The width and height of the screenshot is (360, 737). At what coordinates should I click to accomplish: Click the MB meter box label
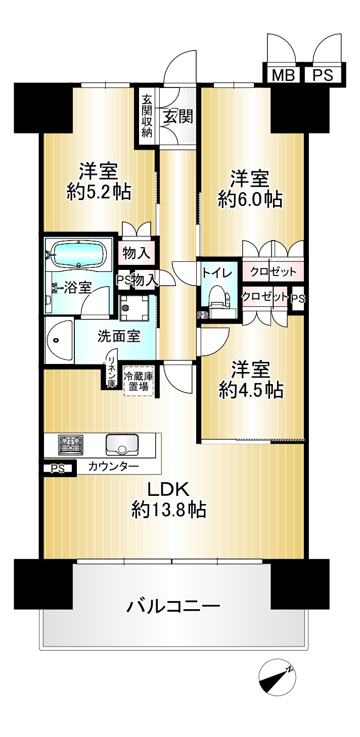(x=283, y=76)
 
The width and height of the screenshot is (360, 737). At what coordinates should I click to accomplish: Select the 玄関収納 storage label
(x=147, y=116)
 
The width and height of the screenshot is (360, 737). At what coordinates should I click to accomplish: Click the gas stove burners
(x=71, y=444)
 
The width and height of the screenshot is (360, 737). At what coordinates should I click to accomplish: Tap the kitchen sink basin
(x=122, y=444)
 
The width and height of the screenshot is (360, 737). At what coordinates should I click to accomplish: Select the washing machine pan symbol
(x=133, y=308)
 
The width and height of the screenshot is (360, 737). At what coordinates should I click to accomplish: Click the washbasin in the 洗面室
(x=59, y=341)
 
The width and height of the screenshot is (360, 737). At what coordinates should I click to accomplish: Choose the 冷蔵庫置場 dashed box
(x=139, y=382)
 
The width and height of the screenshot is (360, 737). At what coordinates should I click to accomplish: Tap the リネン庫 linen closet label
(x=112, y=372)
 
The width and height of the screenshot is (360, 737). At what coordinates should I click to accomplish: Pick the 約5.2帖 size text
(x=99, y=192)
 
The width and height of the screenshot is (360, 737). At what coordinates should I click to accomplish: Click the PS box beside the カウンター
(x=58, y=469)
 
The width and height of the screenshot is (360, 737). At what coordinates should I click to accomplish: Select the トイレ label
(x=217, y=273)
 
